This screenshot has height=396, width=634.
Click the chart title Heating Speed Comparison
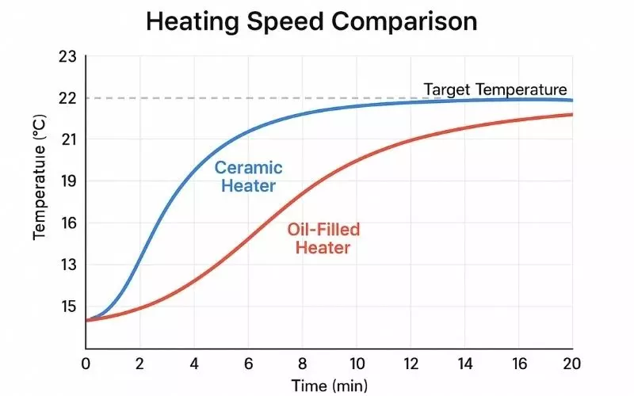pyautogui.click(x=311, y=21)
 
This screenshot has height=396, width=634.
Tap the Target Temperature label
pyautogui.click(x=495, y=89)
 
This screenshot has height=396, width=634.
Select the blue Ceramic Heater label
pyautogui.click(x=248, y=177)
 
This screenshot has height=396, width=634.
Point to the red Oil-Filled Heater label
pyautogui.click(x=323, y=238)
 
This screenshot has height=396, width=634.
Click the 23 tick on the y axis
pyautogui.click(x=67, y=57)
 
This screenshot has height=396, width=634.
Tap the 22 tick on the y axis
pyautogui.click(x=67, y=98)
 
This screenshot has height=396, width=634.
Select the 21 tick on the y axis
pyautogui.click(x=67, y=139)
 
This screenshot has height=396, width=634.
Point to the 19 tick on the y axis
pyautogui.click(x=67, y=181)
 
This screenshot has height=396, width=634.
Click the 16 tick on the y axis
pyautogui.click(x=67, y=223)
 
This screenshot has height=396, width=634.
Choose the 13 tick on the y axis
pyautogui.click(x=67, y=265)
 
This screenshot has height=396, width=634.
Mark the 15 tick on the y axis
pyautogui.click(x=67, y=307)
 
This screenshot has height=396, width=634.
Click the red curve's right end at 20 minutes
pyautogui.click(x=571, y=115)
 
